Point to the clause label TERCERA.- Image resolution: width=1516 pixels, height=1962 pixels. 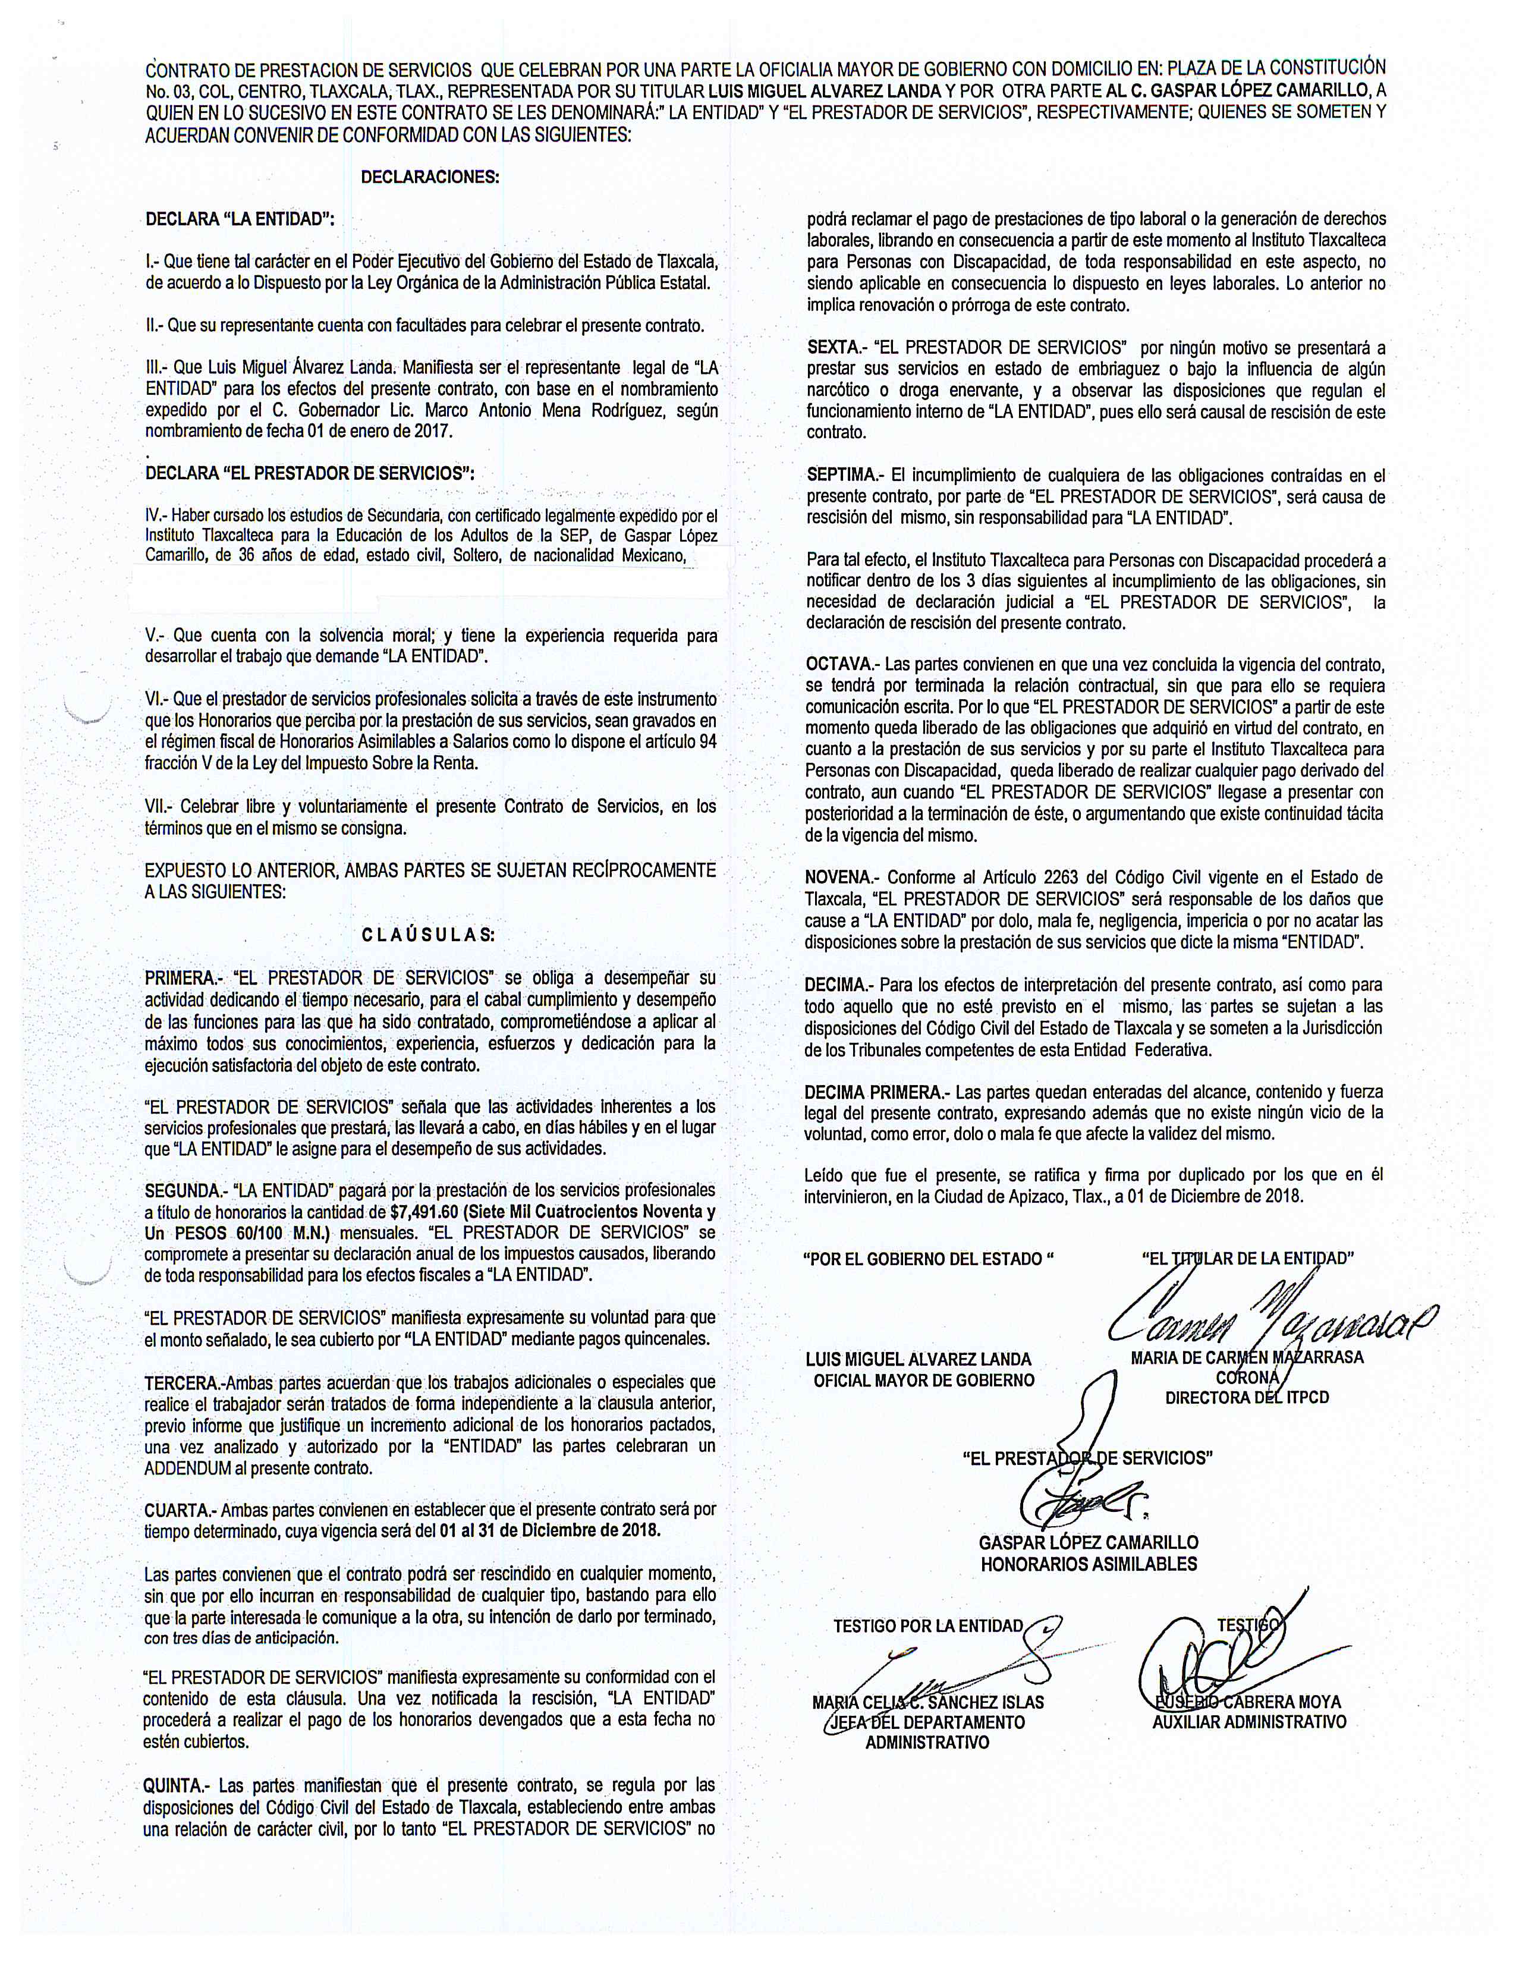[183, 1382]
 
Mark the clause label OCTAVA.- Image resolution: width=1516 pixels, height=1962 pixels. [841, 665]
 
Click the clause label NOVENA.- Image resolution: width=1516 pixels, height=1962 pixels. [841, 878]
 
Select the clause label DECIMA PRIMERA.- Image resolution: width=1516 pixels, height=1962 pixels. [876, 1092]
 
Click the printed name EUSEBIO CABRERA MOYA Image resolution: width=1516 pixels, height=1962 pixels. [1247, 1702]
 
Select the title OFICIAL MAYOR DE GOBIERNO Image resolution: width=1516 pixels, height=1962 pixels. [923, 1380]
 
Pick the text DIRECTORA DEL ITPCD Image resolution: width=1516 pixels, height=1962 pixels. [1247, 1397]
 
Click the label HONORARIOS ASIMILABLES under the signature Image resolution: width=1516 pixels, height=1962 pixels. [1089, 1564]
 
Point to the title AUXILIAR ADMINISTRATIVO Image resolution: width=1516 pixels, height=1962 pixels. [1249, 1722]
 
